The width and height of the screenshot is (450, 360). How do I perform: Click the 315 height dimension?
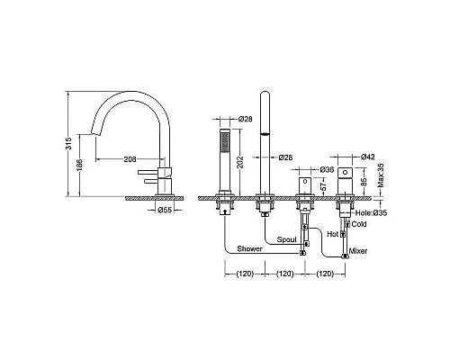point(68,144)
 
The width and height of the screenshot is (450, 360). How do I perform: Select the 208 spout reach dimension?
point(130,159)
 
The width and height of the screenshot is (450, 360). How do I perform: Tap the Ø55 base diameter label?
point(165,210)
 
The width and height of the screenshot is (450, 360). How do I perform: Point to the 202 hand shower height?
point(239,162)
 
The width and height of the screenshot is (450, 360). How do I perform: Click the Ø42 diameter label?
point(368,157)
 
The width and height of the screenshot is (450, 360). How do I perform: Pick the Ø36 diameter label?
point(327,169)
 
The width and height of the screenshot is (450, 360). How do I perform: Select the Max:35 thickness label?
point(381,175)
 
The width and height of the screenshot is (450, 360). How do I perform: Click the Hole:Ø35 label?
point(371,212)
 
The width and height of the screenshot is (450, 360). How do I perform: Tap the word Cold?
point(359,224)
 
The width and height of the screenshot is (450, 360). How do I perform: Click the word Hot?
point(332,234)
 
